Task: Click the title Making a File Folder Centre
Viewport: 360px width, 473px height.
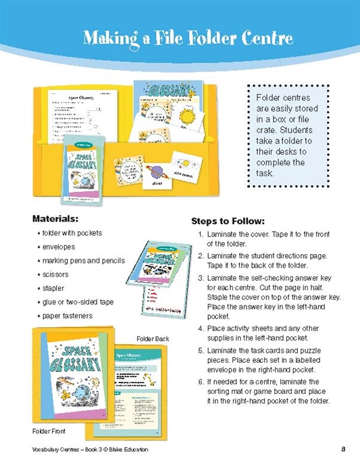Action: coord(188,38)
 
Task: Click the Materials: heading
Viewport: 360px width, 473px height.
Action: coord(56,218)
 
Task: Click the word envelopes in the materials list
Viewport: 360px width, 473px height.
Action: coord(59,247)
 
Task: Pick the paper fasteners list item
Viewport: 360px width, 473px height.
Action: coord(67,316)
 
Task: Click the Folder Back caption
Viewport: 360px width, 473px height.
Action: coord(153,339)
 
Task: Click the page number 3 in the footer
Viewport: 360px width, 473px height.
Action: coord(343,449)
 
